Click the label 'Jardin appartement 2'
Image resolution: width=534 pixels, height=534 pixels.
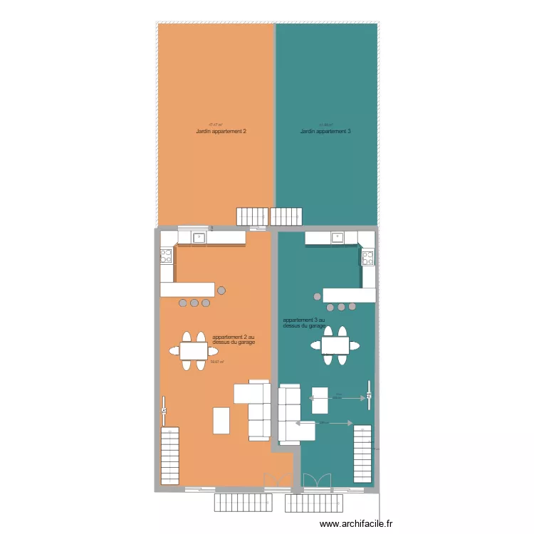tap(221, 132)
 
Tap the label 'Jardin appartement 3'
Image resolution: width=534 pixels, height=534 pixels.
tap(325, 132)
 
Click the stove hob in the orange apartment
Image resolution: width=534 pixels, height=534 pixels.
tap(167, 256)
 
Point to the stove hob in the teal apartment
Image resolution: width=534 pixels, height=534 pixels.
tap(368, 257)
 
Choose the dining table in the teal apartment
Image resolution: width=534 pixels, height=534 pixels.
tap(335, 345)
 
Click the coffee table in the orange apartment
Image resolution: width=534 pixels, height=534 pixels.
tap(222, 420)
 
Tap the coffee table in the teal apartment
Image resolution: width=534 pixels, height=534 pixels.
tap(320, 400)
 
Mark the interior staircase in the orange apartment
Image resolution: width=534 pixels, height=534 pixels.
tap(170, 456)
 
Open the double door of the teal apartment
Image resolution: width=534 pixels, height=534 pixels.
tap(317, 481)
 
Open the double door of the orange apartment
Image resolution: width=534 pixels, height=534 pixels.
tap(274, 481)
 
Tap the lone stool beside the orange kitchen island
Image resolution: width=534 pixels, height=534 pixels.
tap(221, 290)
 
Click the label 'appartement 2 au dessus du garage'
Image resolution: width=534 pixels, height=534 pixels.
tap(234, 340)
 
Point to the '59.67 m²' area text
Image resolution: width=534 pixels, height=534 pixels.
tap(217, 362)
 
